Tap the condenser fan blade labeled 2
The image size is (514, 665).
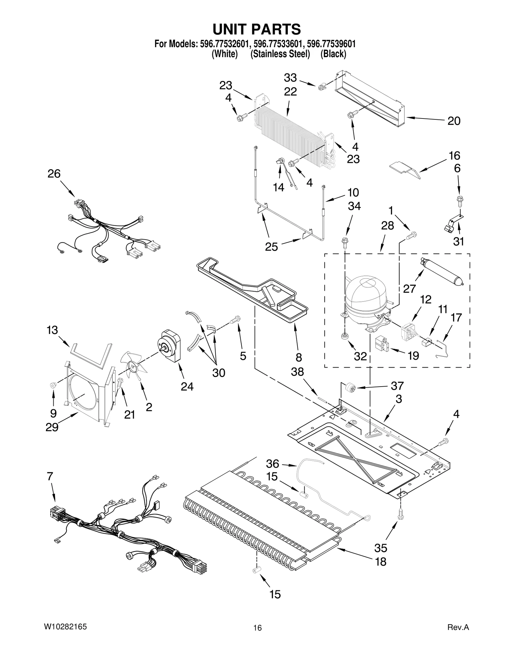click(133, 366)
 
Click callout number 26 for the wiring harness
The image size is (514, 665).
click(54, 174)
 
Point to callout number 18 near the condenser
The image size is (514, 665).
click(381, 562)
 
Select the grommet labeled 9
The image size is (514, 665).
click(53, 385)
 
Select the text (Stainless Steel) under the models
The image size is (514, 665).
click(280, 54)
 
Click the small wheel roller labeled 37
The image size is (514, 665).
click(350, 388)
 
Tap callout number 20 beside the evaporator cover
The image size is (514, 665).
click(454, 121)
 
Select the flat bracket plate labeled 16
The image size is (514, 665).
click(404, 168)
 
